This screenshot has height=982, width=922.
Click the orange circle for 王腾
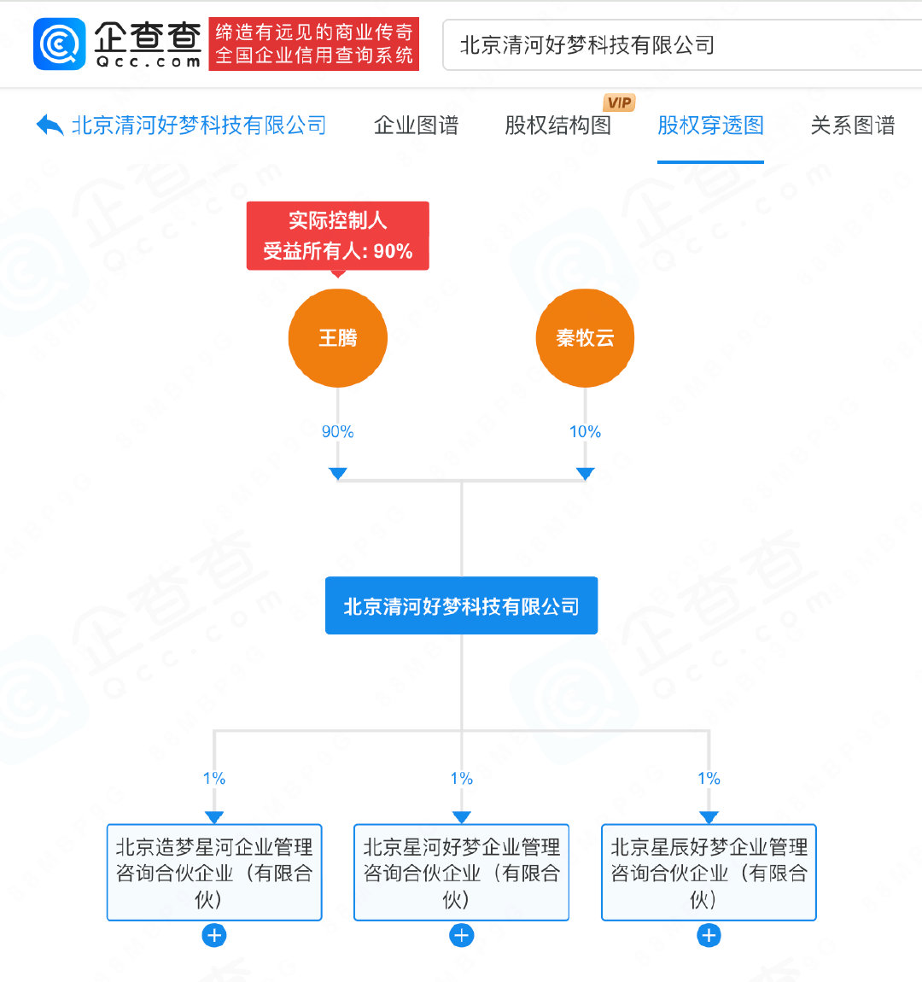point(338,338)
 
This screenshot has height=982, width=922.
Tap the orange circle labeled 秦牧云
point(585,338)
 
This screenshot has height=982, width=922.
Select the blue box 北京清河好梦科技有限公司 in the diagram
point(461,606)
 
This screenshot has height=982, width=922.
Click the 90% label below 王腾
point(337,432)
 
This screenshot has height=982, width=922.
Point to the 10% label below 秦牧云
point(585,432)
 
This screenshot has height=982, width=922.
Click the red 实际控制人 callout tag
point(337,236)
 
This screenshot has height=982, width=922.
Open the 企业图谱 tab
point(417,126)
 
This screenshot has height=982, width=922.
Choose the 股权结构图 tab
point(558,126)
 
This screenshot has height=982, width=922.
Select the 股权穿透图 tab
point(710,126)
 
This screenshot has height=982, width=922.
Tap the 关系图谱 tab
point(852,126)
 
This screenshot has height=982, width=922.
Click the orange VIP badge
point(619,102)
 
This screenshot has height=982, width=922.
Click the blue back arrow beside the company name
point(50,126)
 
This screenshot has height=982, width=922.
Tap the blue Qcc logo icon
point(60,44)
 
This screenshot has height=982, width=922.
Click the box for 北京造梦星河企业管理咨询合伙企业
point(214,872)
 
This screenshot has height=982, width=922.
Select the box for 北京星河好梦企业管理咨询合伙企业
point(461,872)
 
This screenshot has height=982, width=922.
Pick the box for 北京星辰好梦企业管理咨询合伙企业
point(709,872)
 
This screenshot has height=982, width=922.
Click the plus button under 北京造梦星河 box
point(214,936)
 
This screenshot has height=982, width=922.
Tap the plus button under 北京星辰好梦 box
point(709,936)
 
